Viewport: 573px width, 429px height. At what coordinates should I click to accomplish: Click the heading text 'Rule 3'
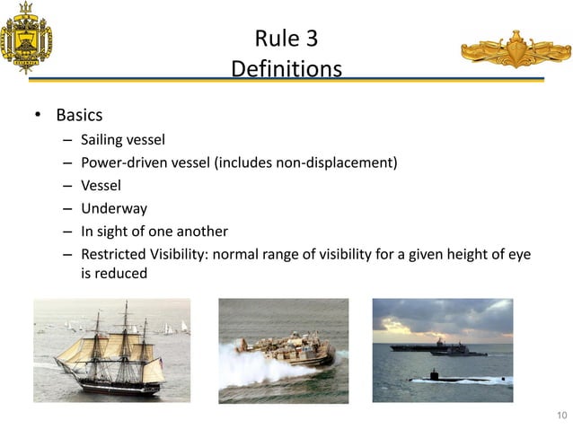point(286,39)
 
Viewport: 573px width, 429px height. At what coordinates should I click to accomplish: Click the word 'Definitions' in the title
point(286,68)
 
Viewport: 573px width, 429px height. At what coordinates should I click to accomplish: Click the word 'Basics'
point(79,116)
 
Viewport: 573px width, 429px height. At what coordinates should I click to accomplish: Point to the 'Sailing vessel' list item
point(123,140)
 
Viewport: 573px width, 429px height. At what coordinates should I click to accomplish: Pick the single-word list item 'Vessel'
point(101,186)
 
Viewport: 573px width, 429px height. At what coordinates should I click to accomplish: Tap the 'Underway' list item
point(114,208)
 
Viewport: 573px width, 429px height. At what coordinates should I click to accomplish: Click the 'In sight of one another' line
point(154,232)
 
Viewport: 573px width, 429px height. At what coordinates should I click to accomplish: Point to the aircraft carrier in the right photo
point(422,345)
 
